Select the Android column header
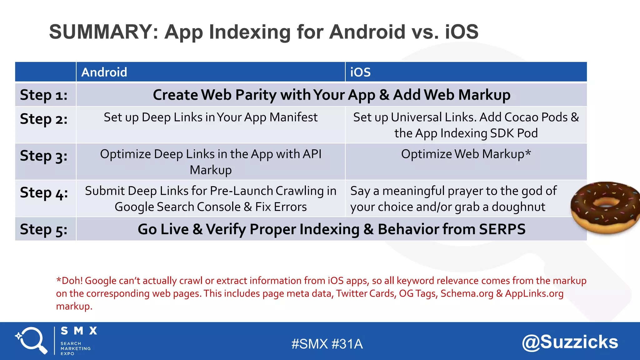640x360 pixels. [x=104, y=72]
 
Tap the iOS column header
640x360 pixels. [x=360, y=72]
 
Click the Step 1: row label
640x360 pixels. [x=44, y=95]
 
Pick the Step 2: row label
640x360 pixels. [x=44, y=119]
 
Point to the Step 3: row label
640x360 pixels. [x=44, y=156]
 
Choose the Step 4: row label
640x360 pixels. [x=44, y=193]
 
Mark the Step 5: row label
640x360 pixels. [x=44, y=229]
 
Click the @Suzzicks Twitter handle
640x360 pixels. [x=570, y=342]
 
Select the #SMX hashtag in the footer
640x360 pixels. [x=309, y=344]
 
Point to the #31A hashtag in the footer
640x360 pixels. [x=347, y=344]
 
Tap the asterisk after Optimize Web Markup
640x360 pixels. [x=528, y=153]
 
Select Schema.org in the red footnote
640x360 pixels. [x=467, y=293]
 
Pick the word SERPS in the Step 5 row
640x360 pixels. [x=502, y=229]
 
